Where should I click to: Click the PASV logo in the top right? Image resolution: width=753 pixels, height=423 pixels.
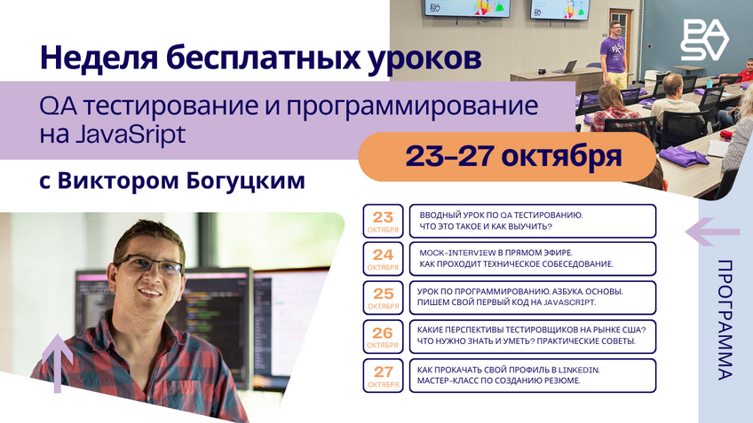pyautogui.click(x=703, y=40)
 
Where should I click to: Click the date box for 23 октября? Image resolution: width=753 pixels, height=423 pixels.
pyautogui.click(x=383, y=222)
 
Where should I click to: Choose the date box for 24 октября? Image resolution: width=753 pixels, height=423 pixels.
pyautogui.click(x=383, y=259)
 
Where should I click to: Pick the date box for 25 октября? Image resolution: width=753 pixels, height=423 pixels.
pyautogui.click(x=383, y=298)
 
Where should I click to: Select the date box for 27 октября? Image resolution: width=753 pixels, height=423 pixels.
pyautogui.click(x=383, y=375)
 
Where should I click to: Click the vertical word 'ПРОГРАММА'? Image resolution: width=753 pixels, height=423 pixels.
pyautogui.click(x=725, y=319)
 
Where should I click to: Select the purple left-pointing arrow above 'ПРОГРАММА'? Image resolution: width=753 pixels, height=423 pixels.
pyautogui.click(x=712, y=232)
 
